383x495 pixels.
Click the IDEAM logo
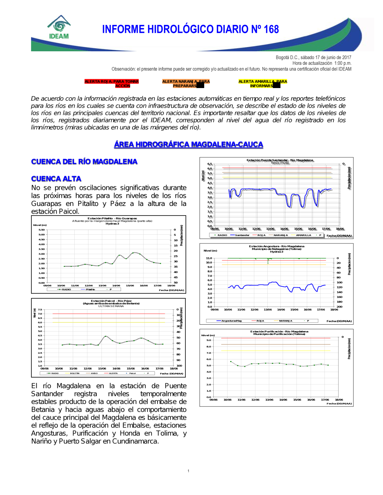pos(59,28)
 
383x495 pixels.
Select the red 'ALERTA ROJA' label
pos(111,83)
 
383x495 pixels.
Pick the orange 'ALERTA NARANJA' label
pos(186,83)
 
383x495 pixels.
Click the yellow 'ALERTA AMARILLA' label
pos(262,83)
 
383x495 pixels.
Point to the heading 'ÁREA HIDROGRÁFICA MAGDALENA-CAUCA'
pos(188,144)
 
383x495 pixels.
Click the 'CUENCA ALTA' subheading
pos(56,179)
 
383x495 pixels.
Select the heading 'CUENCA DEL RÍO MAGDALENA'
pos(84,162)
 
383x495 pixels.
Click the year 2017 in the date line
pos(347,57)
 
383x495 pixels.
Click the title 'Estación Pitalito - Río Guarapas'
pos(112,219)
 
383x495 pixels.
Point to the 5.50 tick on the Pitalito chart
pos(41,230)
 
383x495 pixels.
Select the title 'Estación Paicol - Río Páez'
pos(111,301)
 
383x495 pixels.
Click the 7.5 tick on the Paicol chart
pos(40,310)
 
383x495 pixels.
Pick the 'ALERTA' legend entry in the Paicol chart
pos(113,373)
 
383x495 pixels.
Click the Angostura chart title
pos(277,247)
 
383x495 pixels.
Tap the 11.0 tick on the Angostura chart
pos(209,258)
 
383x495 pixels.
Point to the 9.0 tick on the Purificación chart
pos(209,340)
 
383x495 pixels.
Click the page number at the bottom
pos(188,471)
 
